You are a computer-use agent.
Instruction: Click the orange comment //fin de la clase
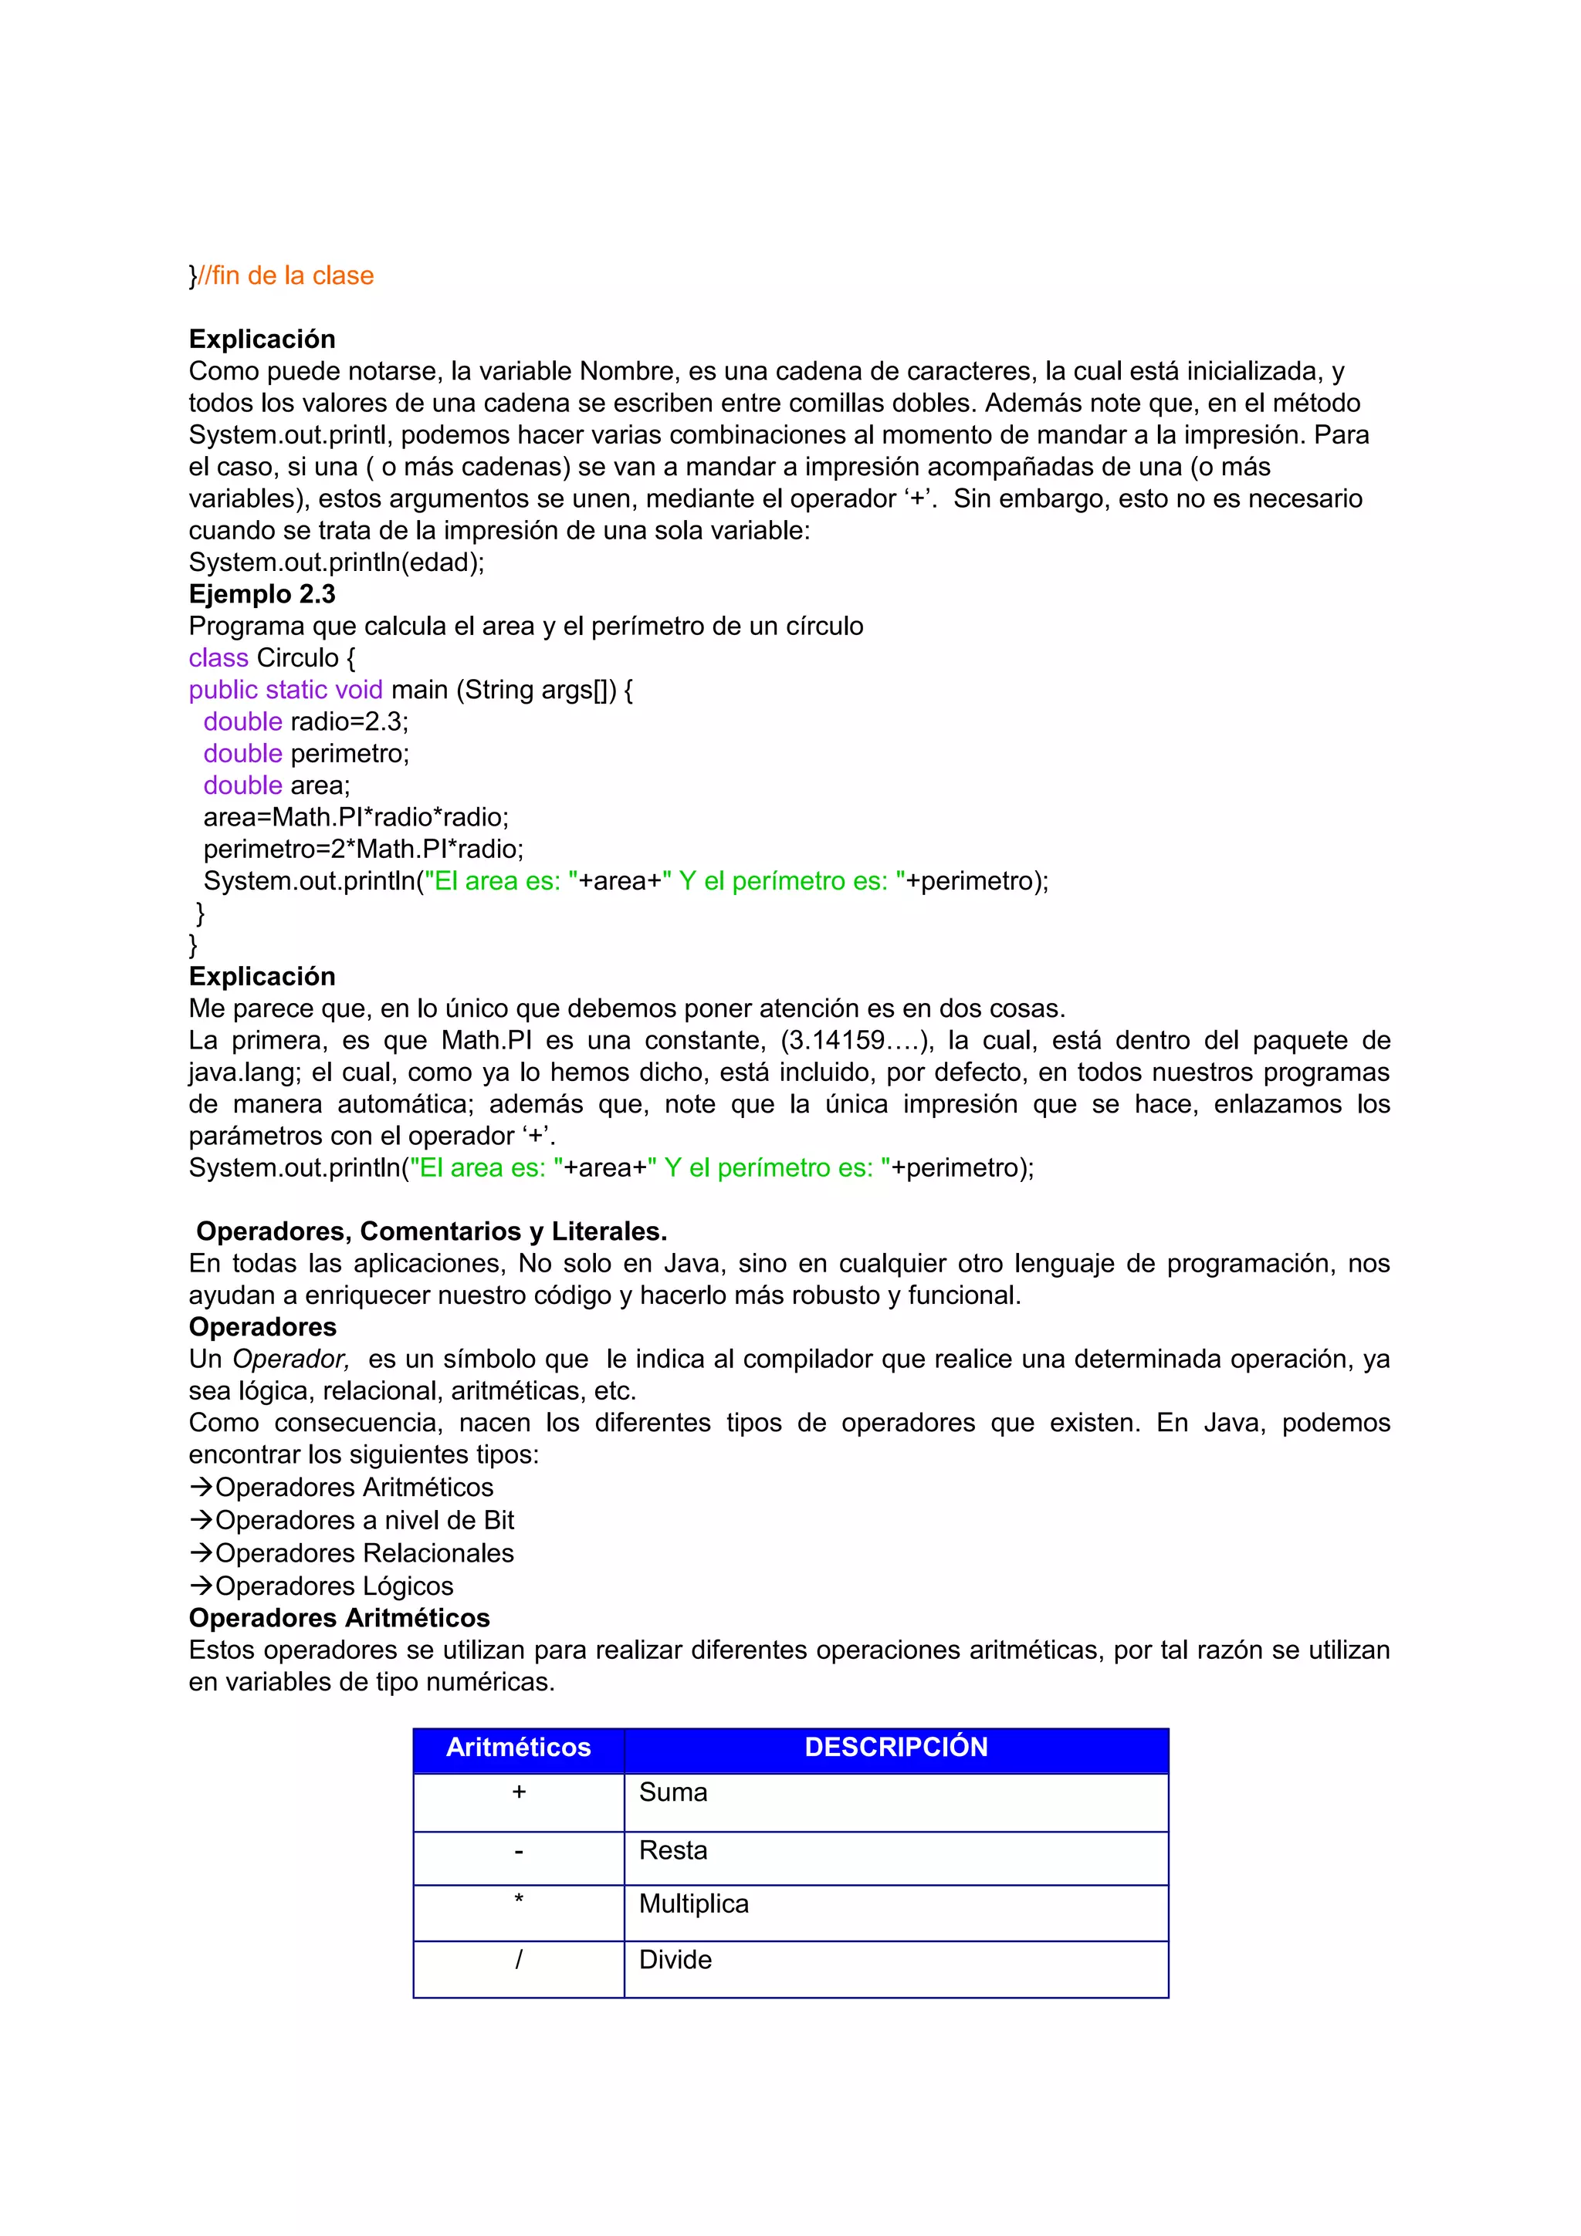click(x=286, y=275)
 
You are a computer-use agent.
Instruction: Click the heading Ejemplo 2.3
click(x=262, y=594)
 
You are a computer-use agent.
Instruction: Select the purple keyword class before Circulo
click(x=218, y=658)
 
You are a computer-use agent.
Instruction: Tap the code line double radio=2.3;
click(x=306, y=721)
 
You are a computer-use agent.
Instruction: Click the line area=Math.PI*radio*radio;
click(x=356, y=817)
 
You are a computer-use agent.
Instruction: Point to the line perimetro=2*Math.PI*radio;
click(x=364, y=849)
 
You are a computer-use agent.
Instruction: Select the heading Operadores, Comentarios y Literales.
click(x=432, y=1232)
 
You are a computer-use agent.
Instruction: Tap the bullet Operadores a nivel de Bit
click(x=364, y=1520)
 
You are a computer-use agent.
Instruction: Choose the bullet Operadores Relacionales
click(x=364, y=1553)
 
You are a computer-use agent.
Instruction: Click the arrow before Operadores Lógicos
click(x=201, y=1586)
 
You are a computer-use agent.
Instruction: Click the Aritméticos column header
click(x=518, y=1747)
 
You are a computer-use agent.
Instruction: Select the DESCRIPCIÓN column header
click(x=896, y=1747)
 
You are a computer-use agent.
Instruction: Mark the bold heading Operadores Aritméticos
click(x=339, y=1619)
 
